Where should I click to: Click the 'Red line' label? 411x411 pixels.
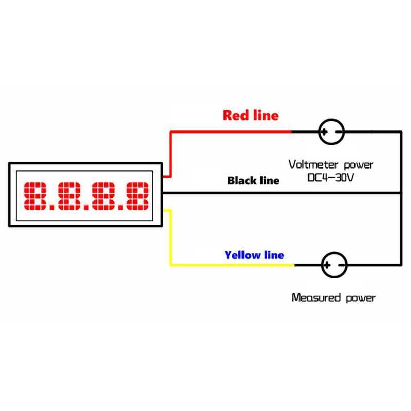(x=250, y=115)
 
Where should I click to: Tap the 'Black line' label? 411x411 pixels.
(x=253, y=181)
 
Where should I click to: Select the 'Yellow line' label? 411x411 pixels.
(x=254, y=255)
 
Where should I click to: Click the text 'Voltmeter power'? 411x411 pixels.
(x=330, y=165)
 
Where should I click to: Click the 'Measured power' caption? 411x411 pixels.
(x=333, y=297)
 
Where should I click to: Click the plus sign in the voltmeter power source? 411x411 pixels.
(x=325, y=132)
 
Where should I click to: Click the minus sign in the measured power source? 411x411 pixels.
(x=341, y=266)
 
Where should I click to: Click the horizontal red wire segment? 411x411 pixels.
(x=231, y=132)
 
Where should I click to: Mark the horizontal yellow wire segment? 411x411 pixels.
(x=231, y=265)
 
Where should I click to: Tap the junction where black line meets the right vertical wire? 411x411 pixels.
(x=400, y=193)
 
